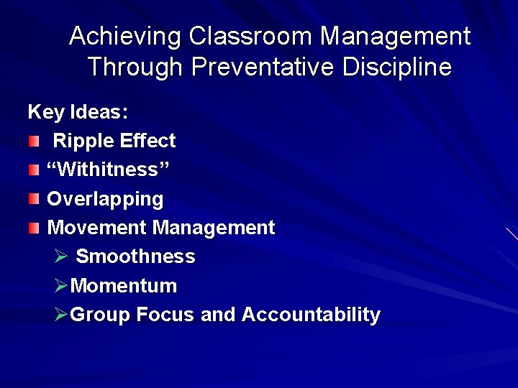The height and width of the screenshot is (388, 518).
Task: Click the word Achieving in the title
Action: pos(125,37)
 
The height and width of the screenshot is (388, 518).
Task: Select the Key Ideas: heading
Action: pos(78,112)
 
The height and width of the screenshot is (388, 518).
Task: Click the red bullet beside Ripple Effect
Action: pos(34,142)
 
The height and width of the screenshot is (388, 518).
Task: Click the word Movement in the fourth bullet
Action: pos(97,228)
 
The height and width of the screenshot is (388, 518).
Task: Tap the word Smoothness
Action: pos(135,257)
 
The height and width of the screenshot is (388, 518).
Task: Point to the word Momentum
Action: pos(124,286)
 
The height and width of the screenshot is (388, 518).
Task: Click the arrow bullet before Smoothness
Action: pos(61,257)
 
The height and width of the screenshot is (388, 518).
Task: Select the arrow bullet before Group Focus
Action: pos(61,315)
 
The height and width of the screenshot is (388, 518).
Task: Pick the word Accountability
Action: pos(311,315)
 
